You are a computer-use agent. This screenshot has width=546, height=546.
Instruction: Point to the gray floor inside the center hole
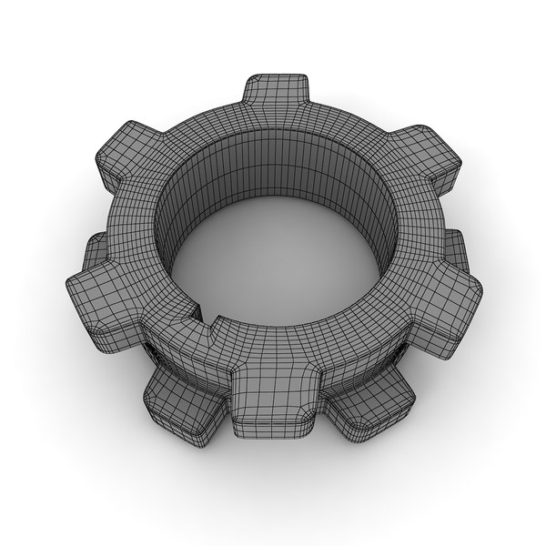coord(273,264)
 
